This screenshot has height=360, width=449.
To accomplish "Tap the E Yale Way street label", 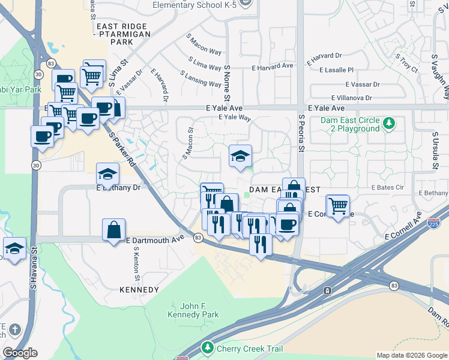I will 235,118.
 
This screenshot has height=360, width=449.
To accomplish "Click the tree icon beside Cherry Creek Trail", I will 208,348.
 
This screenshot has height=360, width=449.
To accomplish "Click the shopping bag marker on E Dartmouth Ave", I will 114,230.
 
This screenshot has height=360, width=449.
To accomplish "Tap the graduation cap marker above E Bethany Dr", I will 108,174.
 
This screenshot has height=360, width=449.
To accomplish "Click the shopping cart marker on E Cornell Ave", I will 338,206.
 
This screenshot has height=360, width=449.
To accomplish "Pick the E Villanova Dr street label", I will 351,98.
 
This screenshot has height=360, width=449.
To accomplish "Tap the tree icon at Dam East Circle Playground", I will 390,124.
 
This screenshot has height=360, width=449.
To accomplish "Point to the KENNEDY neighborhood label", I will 139,290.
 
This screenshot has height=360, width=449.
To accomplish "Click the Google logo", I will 20,353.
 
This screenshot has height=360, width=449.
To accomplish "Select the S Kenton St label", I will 137,264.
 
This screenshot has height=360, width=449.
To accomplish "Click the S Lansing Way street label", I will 200,79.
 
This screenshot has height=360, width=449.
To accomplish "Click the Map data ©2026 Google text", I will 412,355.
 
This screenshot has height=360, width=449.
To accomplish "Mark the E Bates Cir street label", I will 387,188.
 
